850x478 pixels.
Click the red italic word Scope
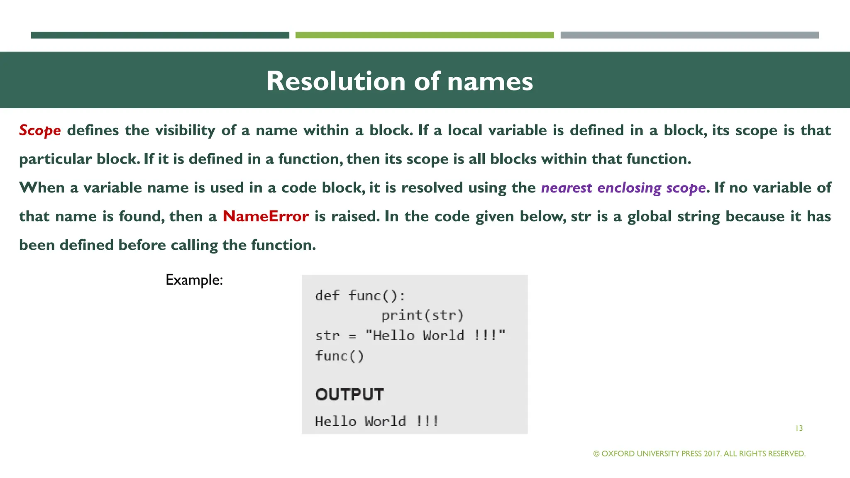(40, 130)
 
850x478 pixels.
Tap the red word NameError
(266, 216)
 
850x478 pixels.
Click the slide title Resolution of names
(399, 81)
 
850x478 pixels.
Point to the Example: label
(194, 280)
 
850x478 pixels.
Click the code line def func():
(360, 296)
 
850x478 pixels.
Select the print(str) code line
(422, 315)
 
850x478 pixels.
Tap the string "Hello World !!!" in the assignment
(435, 335)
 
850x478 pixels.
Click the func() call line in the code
(340, 356)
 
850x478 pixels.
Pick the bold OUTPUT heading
(349, 394)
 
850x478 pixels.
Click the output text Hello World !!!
(376, 422)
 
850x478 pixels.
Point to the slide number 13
(799, 428)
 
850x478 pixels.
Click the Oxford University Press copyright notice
(699, 454)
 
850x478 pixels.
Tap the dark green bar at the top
(160, 35)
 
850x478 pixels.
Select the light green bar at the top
(424, 35)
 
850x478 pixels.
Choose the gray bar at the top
(689, 35)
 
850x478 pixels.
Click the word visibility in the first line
(185, 130)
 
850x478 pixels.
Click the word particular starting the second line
(55, 159)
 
